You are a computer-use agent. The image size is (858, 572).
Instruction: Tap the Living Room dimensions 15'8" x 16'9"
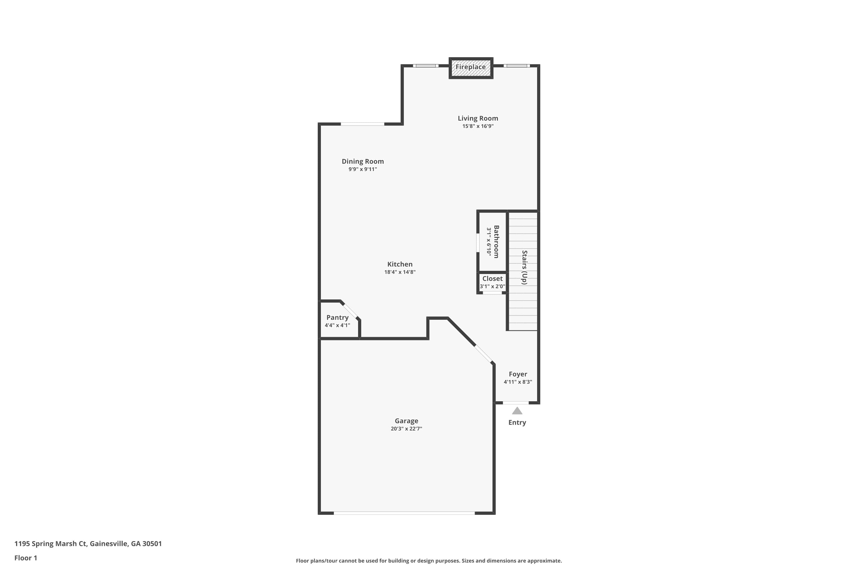[478, 126]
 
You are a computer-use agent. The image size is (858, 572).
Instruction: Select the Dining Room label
[363, 161]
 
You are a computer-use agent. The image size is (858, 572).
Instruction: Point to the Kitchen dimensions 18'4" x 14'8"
[400, 272]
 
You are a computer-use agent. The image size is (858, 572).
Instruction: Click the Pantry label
[337, 317]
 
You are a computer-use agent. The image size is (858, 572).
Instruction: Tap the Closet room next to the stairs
[492, 282]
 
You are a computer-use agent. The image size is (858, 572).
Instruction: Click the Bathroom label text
[496, 242]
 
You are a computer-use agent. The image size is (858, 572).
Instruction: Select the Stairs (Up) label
[525, 267]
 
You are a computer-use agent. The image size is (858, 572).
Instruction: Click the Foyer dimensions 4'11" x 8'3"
[518, 382]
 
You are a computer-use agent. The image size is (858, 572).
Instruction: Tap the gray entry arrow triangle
[517, 411]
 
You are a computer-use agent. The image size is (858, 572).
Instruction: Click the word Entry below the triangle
[517, 422]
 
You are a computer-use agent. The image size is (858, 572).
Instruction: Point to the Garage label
[406, 421]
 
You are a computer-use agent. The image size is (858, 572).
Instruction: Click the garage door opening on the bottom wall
[404, 513]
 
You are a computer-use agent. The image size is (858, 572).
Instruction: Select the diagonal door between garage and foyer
[483, 353]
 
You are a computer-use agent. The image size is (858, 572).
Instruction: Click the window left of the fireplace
[426, 66]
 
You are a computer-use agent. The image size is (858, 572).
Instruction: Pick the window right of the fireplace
[517, 66]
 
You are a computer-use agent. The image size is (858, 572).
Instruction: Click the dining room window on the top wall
[362, 124]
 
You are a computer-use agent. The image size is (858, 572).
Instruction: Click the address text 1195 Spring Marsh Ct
[88, 544]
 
